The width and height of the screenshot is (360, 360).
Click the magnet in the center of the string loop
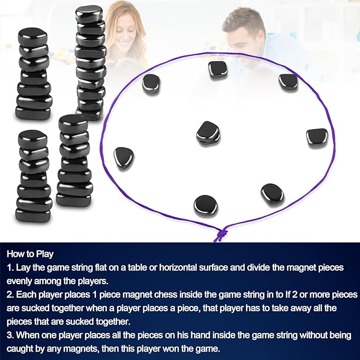[x=208, y=133]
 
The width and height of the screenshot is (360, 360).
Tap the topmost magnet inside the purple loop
[x=218, y=69]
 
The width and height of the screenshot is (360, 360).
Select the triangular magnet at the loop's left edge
[x=124, y=158]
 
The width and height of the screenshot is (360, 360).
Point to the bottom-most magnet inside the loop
[x=206, y=206]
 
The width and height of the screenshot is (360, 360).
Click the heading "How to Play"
[x=30, y=254]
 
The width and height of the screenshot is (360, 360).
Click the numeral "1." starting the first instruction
[x=11, y=268]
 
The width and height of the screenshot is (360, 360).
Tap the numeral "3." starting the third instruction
[x=11, y=335]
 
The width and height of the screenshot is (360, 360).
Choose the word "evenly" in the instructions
[x=19, y=282]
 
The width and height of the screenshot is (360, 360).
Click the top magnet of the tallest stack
[x=89, y=14]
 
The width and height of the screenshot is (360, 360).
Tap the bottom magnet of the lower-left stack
[x=33, y=215]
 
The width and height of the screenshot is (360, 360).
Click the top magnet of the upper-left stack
[x=32, y=37]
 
